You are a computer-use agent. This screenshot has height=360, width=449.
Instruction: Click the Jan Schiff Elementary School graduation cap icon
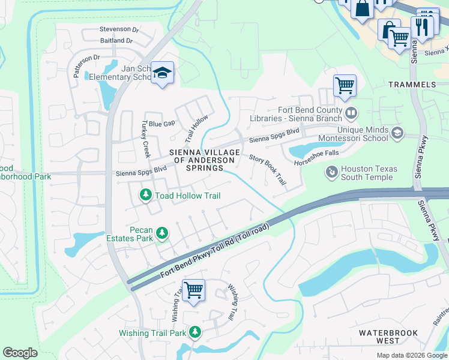pos(161,73)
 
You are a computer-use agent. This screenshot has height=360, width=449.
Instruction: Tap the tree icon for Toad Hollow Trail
pos(145,196)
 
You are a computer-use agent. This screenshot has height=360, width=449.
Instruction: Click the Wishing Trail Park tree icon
pos(194,332)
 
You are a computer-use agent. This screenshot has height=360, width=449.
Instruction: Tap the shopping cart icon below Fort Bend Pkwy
pos(193,290)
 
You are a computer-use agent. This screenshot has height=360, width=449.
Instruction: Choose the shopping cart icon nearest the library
pos(345,86)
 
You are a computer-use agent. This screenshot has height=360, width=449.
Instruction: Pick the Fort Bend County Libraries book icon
pos(351,112)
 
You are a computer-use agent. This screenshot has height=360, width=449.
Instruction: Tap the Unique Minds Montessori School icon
pos(396,133)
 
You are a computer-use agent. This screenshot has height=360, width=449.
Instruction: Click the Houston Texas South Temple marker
pos(331,173)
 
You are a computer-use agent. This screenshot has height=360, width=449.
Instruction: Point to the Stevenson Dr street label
pos(119,29)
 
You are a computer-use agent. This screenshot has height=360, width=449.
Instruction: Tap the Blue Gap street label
pos(161,123)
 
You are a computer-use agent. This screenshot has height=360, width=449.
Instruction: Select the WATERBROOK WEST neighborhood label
pos(387,337)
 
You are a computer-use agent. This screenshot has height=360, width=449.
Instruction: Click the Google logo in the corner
pos(20,353)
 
